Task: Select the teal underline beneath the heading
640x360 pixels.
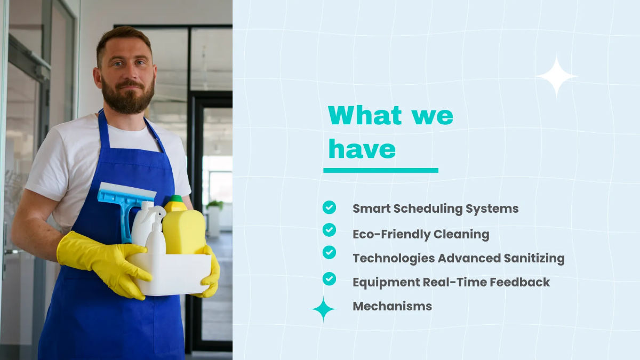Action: (x=380, y=170)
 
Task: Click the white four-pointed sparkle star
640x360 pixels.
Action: (x=556, y=76)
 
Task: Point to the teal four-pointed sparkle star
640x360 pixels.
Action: (x=323, y=309)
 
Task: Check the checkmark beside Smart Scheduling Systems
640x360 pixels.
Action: (x=329, y=207)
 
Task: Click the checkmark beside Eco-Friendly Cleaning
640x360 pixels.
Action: (x=329, y=230)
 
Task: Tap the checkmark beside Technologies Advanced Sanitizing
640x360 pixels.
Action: (x=329, y=252)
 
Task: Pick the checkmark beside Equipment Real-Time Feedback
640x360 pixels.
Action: (x=329, y=278)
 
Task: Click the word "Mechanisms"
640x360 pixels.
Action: (x=392, y=306)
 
